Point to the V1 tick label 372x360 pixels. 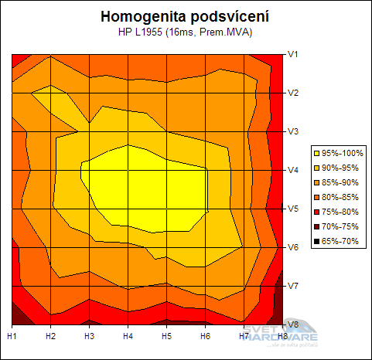[294, 54]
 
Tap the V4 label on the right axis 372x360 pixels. [294, 170]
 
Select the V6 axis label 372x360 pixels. [294, 247]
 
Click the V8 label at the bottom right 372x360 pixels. [294, 324]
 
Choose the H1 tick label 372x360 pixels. [12, 337]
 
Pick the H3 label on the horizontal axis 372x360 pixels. [89, 337]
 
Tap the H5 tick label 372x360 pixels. [166, 337]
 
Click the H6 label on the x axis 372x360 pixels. [205, 337]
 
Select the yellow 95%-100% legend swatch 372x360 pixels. [316, 154]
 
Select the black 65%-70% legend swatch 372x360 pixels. [316, 242]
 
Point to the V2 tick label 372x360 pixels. [294, 93]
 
